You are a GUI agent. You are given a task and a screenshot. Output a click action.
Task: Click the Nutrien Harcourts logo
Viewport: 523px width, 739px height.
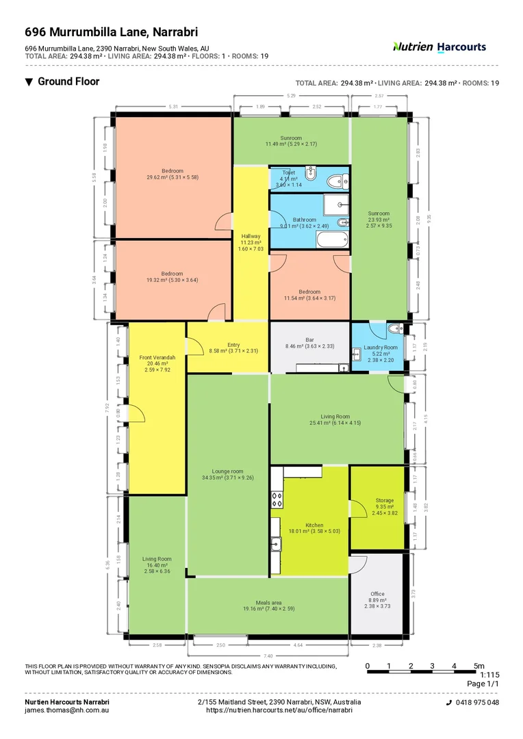[439, 47]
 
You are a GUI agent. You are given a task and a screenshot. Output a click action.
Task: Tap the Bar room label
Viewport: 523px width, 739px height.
[309, 339]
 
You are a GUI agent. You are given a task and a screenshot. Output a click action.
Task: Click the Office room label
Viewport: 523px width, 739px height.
[377, 594]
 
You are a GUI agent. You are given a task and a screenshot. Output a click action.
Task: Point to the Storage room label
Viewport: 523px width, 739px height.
[384, 501]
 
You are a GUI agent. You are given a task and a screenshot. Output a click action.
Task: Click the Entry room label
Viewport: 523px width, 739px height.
[233, 345]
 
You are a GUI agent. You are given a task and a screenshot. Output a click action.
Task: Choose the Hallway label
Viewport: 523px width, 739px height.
[251, 236]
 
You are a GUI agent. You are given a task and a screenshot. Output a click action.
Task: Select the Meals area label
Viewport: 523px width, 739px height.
[267, 603]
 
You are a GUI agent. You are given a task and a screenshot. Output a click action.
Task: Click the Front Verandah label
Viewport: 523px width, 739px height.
[157, 358]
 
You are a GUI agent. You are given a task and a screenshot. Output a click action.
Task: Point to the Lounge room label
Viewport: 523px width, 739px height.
[228, 471]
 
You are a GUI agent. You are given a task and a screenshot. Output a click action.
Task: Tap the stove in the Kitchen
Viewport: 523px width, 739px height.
[277, 500]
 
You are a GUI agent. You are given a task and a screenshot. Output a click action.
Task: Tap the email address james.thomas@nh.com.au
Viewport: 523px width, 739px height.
[67, 710]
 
